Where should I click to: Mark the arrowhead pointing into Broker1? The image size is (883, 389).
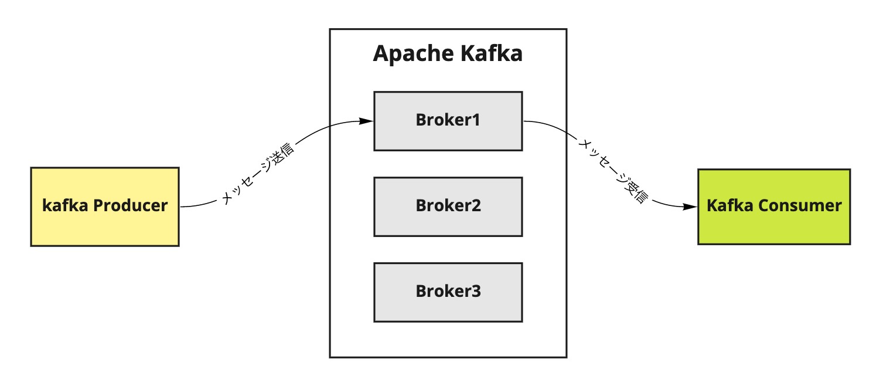366,121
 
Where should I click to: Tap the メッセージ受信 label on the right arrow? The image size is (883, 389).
613,171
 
